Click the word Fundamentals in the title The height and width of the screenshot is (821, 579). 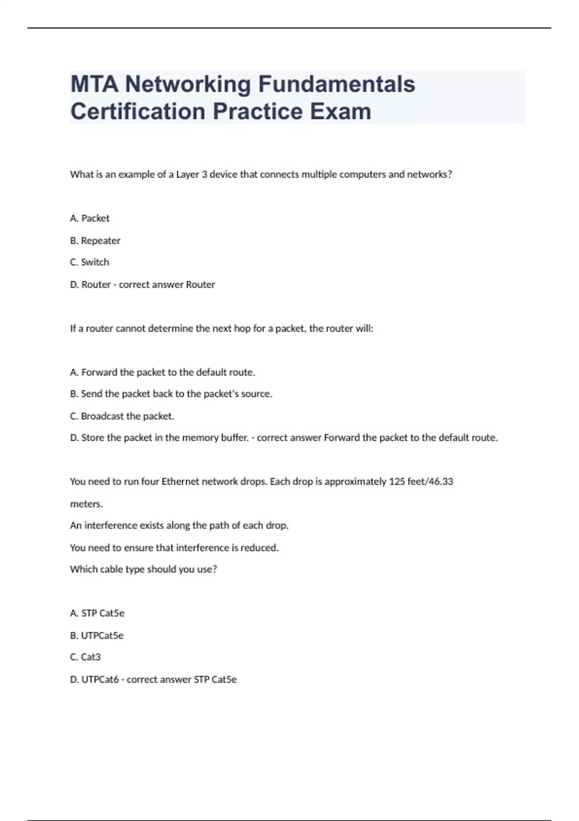tap(336, 84)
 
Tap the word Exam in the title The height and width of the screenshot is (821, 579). tap(340, 111)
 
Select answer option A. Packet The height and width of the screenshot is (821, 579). tap(90, 218)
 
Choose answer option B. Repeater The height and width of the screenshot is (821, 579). tap(95, 241)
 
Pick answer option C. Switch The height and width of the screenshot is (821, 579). tap(90, 262)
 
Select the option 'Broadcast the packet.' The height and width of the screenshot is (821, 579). tap(122, 416)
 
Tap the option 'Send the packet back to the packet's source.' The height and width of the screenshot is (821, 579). tap(171, 394)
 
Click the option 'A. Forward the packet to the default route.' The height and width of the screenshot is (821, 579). tap(163, 372)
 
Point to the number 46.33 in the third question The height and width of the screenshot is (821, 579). tap(441, 481)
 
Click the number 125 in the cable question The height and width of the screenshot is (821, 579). tap(397, 481)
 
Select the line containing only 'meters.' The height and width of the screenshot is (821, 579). tap(86, 504)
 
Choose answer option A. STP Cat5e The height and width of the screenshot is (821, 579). tap(97, 613)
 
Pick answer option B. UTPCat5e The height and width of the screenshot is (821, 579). tap(96, 636)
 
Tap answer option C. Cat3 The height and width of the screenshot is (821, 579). tap(85, 657)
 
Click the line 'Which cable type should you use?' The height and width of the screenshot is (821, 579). tap(143, 569)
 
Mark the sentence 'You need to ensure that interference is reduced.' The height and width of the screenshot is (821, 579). tap(174, 548)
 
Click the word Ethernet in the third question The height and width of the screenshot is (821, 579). tap(180, 481)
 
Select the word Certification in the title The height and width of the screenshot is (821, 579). tap(138, 111)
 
